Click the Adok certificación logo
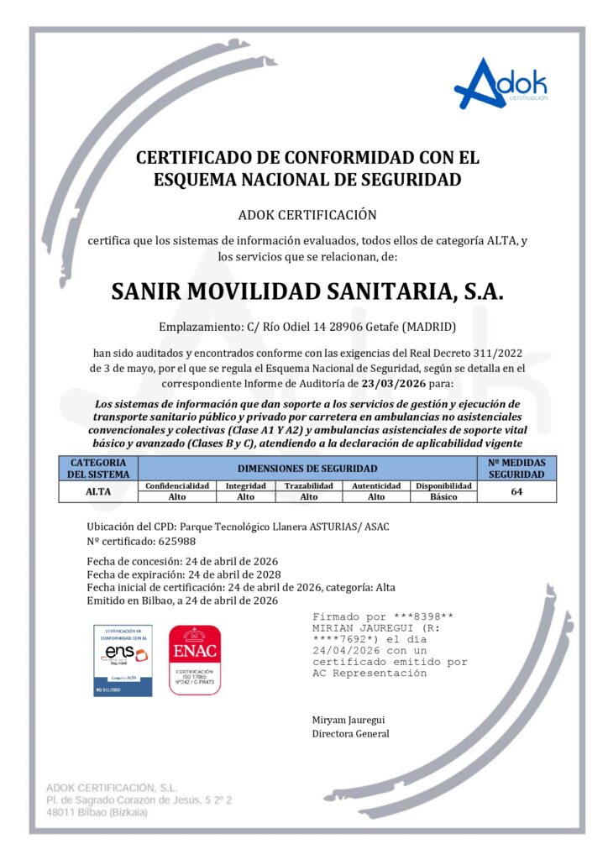tap(501, 85)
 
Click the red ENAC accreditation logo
tap(195, 660)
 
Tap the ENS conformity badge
tap(123, 660)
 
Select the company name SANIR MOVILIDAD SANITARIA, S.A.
tap(307, 291)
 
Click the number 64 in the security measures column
tap(516, 491)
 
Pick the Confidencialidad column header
tap(178, 485)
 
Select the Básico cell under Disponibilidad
tap(443, 497)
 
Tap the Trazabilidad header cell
tap(309, 485)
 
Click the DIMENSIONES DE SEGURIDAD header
tap(307, 468)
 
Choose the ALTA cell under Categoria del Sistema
tap(98, 491)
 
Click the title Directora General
tap(350, 733)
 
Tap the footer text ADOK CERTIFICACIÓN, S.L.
tap(112, 788)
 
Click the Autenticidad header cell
tap(376, 485)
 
